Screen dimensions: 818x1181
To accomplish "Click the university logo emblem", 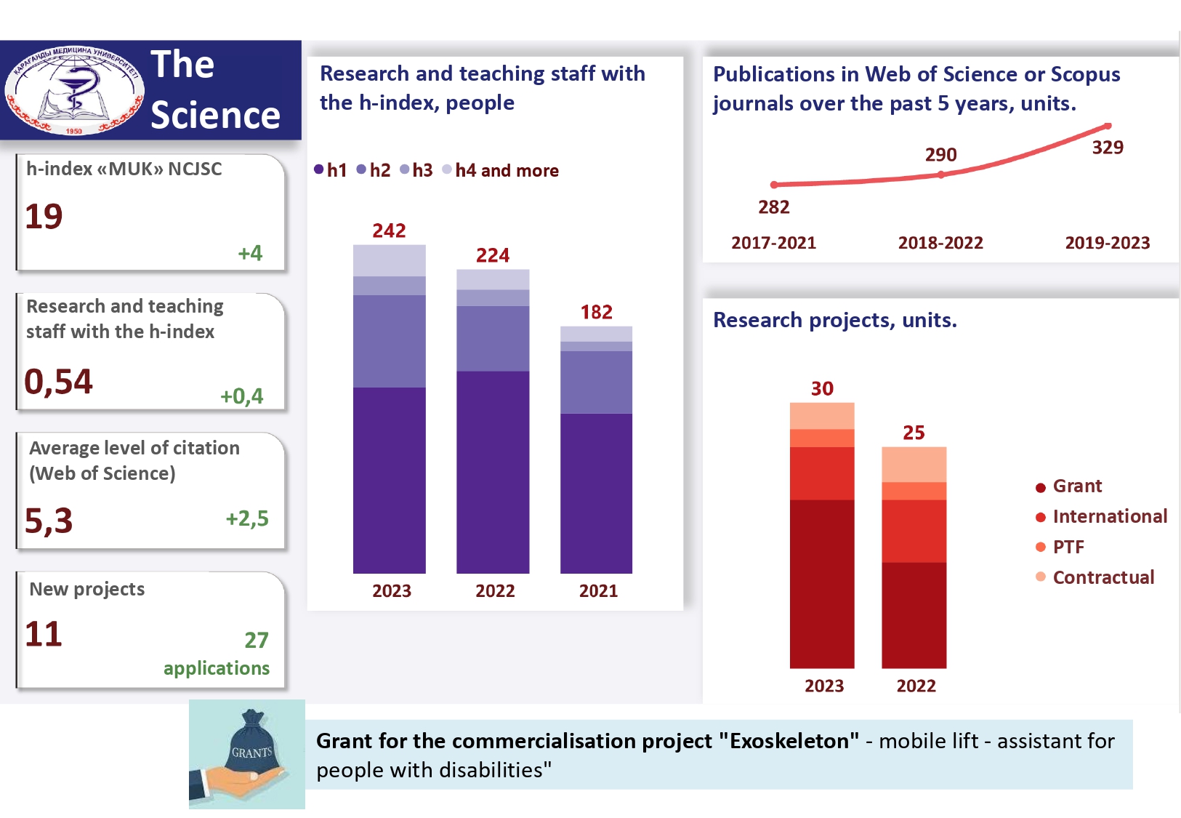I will pyautogui.click(x=74, y=90).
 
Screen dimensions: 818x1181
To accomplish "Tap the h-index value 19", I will pyautogui.click(x=44, y=216).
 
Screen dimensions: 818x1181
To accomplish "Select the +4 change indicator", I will pyautogui.click(x=250, y=253).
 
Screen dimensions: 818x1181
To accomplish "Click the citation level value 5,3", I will pyautogui.click(x=49, y=521).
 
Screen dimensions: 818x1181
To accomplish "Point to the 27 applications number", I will pyautogui.click(x=256, y=640).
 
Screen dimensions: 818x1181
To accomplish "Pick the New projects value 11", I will pyautogui.click(x=44, y=634).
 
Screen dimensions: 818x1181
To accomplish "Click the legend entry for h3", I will pyautogui.click(x=417, y=170).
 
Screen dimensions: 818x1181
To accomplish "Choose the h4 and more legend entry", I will pyautogui.click(x=501, y=170).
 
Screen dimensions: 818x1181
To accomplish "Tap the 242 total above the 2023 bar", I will pyautogui.click(x=389, y=230).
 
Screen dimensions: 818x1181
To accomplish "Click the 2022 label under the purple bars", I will pyautogui.click(x=495, y=591).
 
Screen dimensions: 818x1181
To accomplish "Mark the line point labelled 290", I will pyautogui.click(x=941, y=175).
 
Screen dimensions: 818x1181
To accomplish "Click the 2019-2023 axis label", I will pyautogui.click(x=1107, y=243).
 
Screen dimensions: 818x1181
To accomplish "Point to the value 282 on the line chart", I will pyautogui.click(x=773, y=207).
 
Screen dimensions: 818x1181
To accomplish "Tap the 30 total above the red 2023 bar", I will pyautogui.click(x=822, y=388).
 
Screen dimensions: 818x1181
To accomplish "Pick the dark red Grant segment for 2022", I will pyautogui.click(x=914, y=614).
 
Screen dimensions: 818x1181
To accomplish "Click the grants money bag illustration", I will pyautogui.click(x=247, y=753).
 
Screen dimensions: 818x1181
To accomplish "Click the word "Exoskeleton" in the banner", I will pyautogui.click(x=789, y=741).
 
